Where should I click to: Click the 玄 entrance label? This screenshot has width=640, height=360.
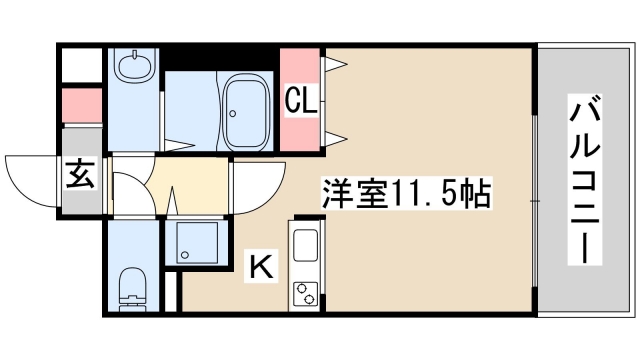click(81, 176)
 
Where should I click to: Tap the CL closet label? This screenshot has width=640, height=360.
click(301, 99)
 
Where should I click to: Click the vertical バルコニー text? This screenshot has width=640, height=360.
click(585, 180)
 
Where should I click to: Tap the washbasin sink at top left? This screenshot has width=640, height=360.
click(131, 69)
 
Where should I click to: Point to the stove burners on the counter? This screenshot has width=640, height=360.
click(304, 291)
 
